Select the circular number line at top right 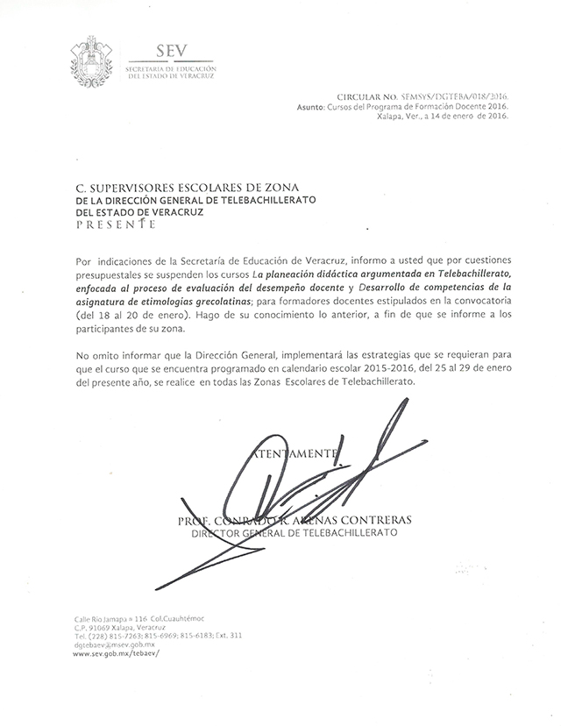[423, 98]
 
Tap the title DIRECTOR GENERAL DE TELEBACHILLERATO [294, 531]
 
